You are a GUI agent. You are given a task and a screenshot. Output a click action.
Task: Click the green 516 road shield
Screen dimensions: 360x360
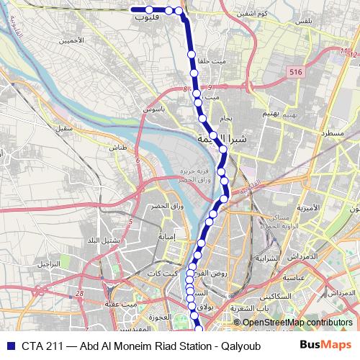[294, 72]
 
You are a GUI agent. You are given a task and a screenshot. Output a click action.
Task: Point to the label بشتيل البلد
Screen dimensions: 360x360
[101, 240]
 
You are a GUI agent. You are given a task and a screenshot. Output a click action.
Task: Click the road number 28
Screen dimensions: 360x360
[78, 293]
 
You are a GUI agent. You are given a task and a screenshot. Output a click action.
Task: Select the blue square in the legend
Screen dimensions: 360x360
[9, 345]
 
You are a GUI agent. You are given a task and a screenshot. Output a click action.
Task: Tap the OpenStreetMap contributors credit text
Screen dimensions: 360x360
[297, 323]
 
